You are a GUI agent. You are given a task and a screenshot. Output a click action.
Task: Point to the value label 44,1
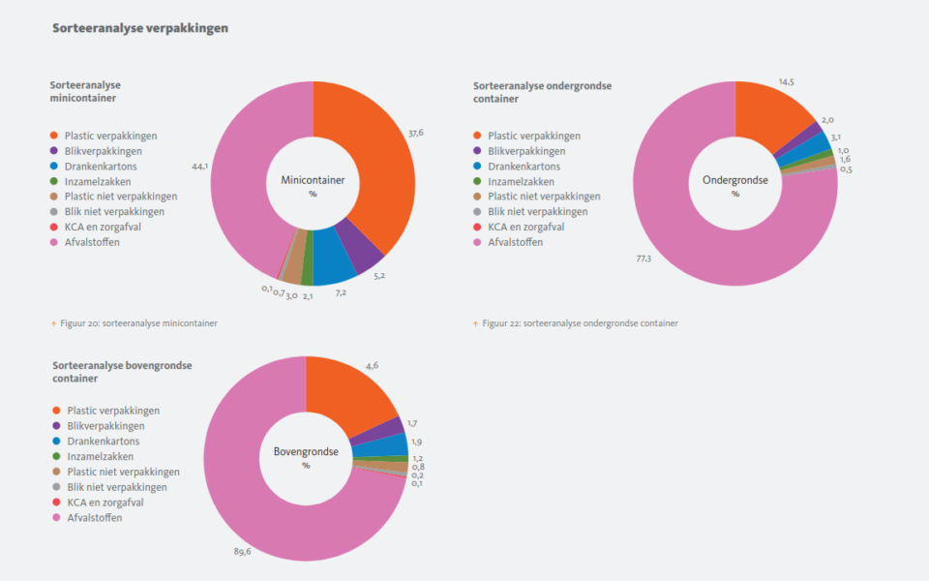point(200,167)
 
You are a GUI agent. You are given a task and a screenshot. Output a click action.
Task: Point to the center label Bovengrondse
point(306,451)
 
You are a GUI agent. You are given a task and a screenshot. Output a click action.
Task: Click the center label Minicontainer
point(313,180)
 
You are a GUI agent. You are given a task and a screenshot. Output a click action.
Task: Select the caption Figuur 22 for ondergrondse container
point(580,322)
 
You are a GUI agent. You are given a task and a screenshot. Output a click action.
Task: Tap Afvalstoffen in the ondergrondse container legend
point(515,242)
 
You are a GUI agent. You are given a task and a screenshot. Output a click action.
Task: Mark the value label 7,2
point(341,291)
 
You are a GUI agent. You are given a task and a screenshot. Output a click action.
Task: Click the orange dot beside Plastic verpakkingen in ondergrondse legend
point(476,137)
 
